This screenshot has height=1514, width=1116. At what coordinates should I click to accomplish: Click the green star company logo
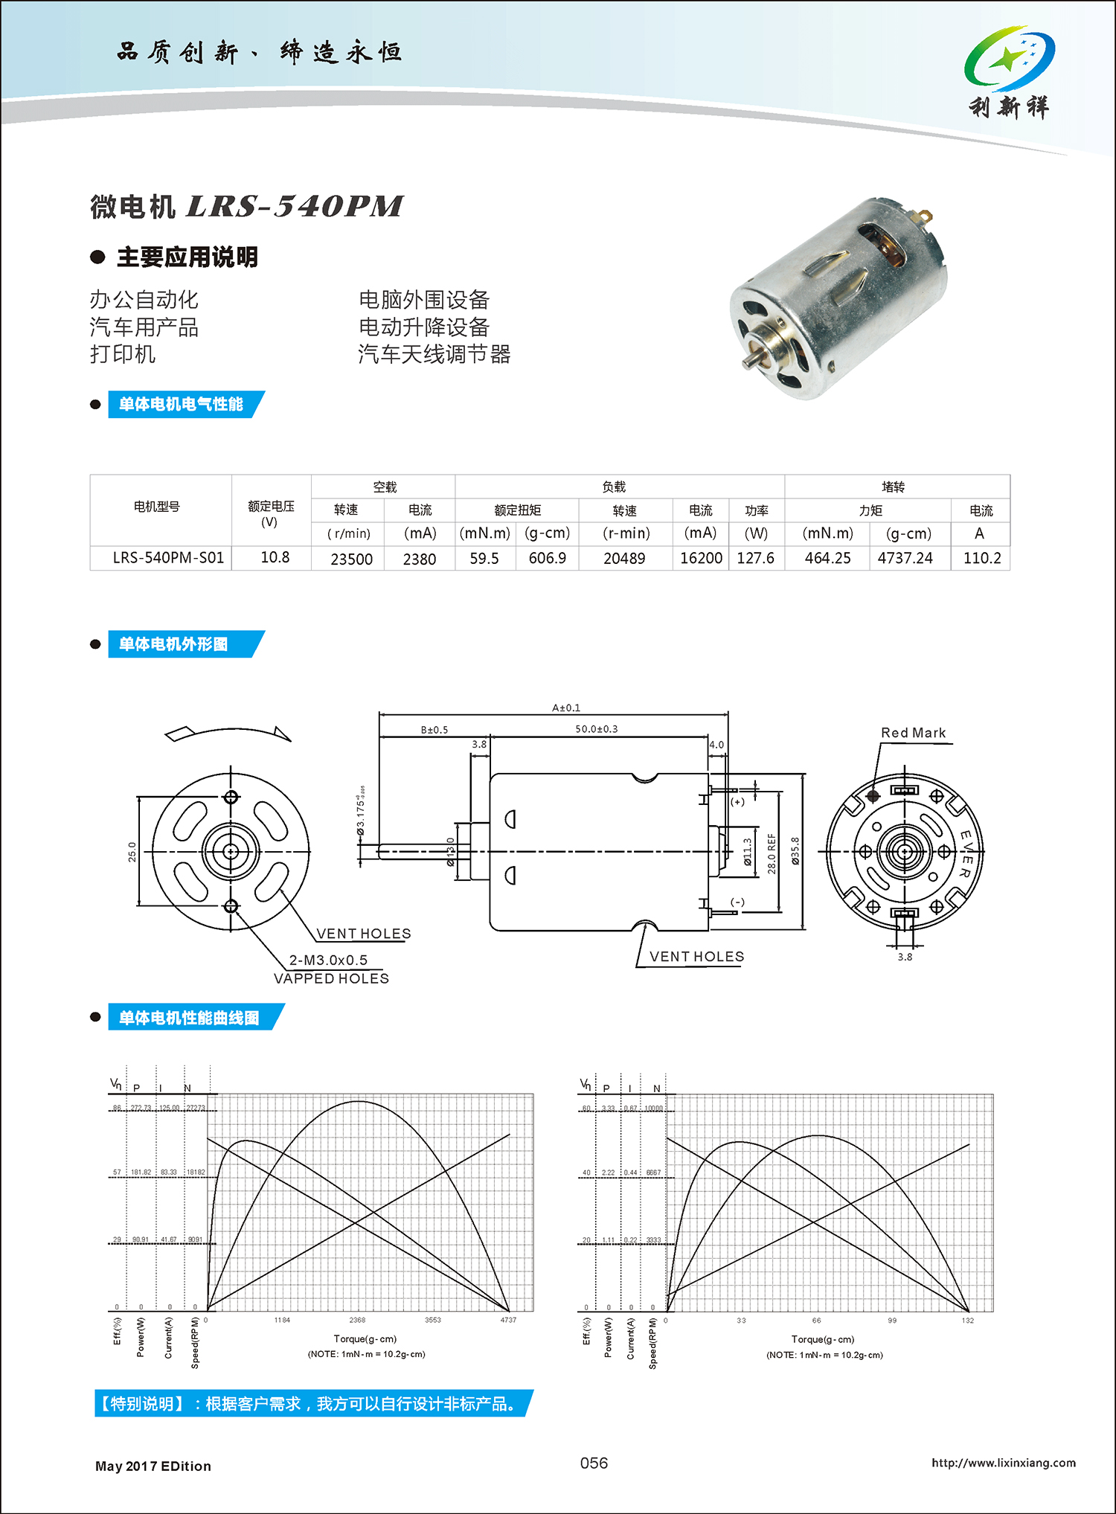click(x=1009, y=59)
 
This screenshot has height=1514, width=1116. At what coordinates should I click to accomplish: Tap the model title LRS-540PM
click(x=295, y=206)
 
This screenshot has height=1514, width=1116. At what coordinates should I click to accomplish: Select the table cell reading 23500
click(x=351, y=559)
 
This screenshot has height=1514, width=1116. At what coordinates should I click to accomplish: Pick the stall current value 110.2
click(x=981, y=558)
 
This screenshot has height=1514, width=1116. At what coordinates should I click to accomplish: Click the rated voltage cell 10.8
click(x=275, y=557)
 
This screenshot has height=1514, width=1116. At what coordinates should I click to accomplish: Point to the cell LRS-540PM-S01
click(x=168, y=557)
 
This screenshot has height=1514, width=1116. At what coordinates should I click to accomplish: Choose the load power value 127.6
click(x=755, y=558)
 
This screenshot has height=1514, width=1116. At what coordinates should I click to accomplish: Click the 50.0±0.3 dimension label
click(x=596, y=729)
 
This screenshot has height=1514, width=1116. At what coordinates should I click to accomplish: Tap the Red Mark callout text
click(x=913, y=733)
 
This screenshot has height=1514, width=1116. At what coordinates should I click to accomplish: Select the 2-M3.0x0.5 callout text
click(x=328, y=960)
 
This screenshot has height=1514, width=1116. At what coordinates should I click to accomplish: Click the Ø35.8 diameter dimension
click(x=795, y=851)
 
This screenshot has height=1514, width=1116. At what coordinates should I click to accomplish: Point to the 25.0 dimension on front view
click(x=132, y=851)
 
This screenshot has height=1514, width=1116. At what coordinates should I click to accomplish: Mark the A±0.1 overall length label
click(x=566, y=708)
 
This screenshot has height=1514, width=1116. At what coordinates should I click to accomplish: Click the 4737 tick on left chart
click(x=508, y=1320)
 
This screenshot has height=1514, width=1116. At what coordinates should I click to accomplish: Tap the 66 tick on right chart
click(x=817, y=1321)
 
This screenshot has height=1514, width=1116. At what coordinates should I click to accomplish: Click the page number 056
click(x=594, y=1463)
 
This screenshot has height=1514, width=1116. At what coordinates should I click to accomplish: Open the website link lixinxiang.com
click(x=1003, y=1463)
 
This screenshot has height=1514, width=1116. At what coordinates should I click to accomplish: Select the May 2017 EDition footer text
click(x=153, y=1466)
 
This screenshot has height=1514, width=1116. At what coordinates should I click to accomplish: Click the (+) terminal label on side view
click(x=737, y=802)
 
